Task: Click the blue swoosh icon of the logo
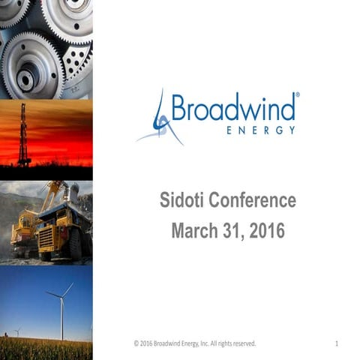tap(159, 118)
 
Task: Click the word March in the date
tap(196, 230)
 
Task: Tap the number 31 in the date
tap(232, 230)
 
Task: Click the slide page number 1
tap(337, 343)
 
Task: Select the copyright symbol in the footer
tap(136, 343)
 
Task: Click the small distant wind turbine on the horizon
tap(17, 331)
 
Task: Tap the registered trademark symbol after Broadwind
tap(298, 95)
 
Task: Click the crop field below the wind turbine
tap(45, 349)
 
